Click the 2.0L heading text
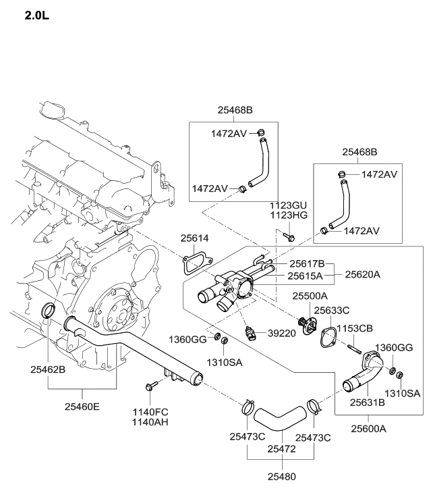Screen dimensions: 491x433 pos(37,14)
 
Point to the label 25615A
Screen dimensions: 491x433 pos(307,276)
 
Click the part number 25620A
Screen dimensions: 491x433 pos(363,275)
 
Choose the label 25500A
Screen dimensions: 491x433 pos(310,296)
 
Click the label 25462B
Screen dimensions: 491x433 pos(48,369)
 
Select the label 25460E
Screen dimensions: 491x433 pos(82,407)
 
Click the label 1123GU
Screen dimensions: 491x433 pos(288,204)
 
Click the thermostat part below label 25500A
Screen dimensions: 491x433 pos(311,323)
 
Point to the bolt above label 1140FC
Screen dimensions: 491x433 pos(149,387)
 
